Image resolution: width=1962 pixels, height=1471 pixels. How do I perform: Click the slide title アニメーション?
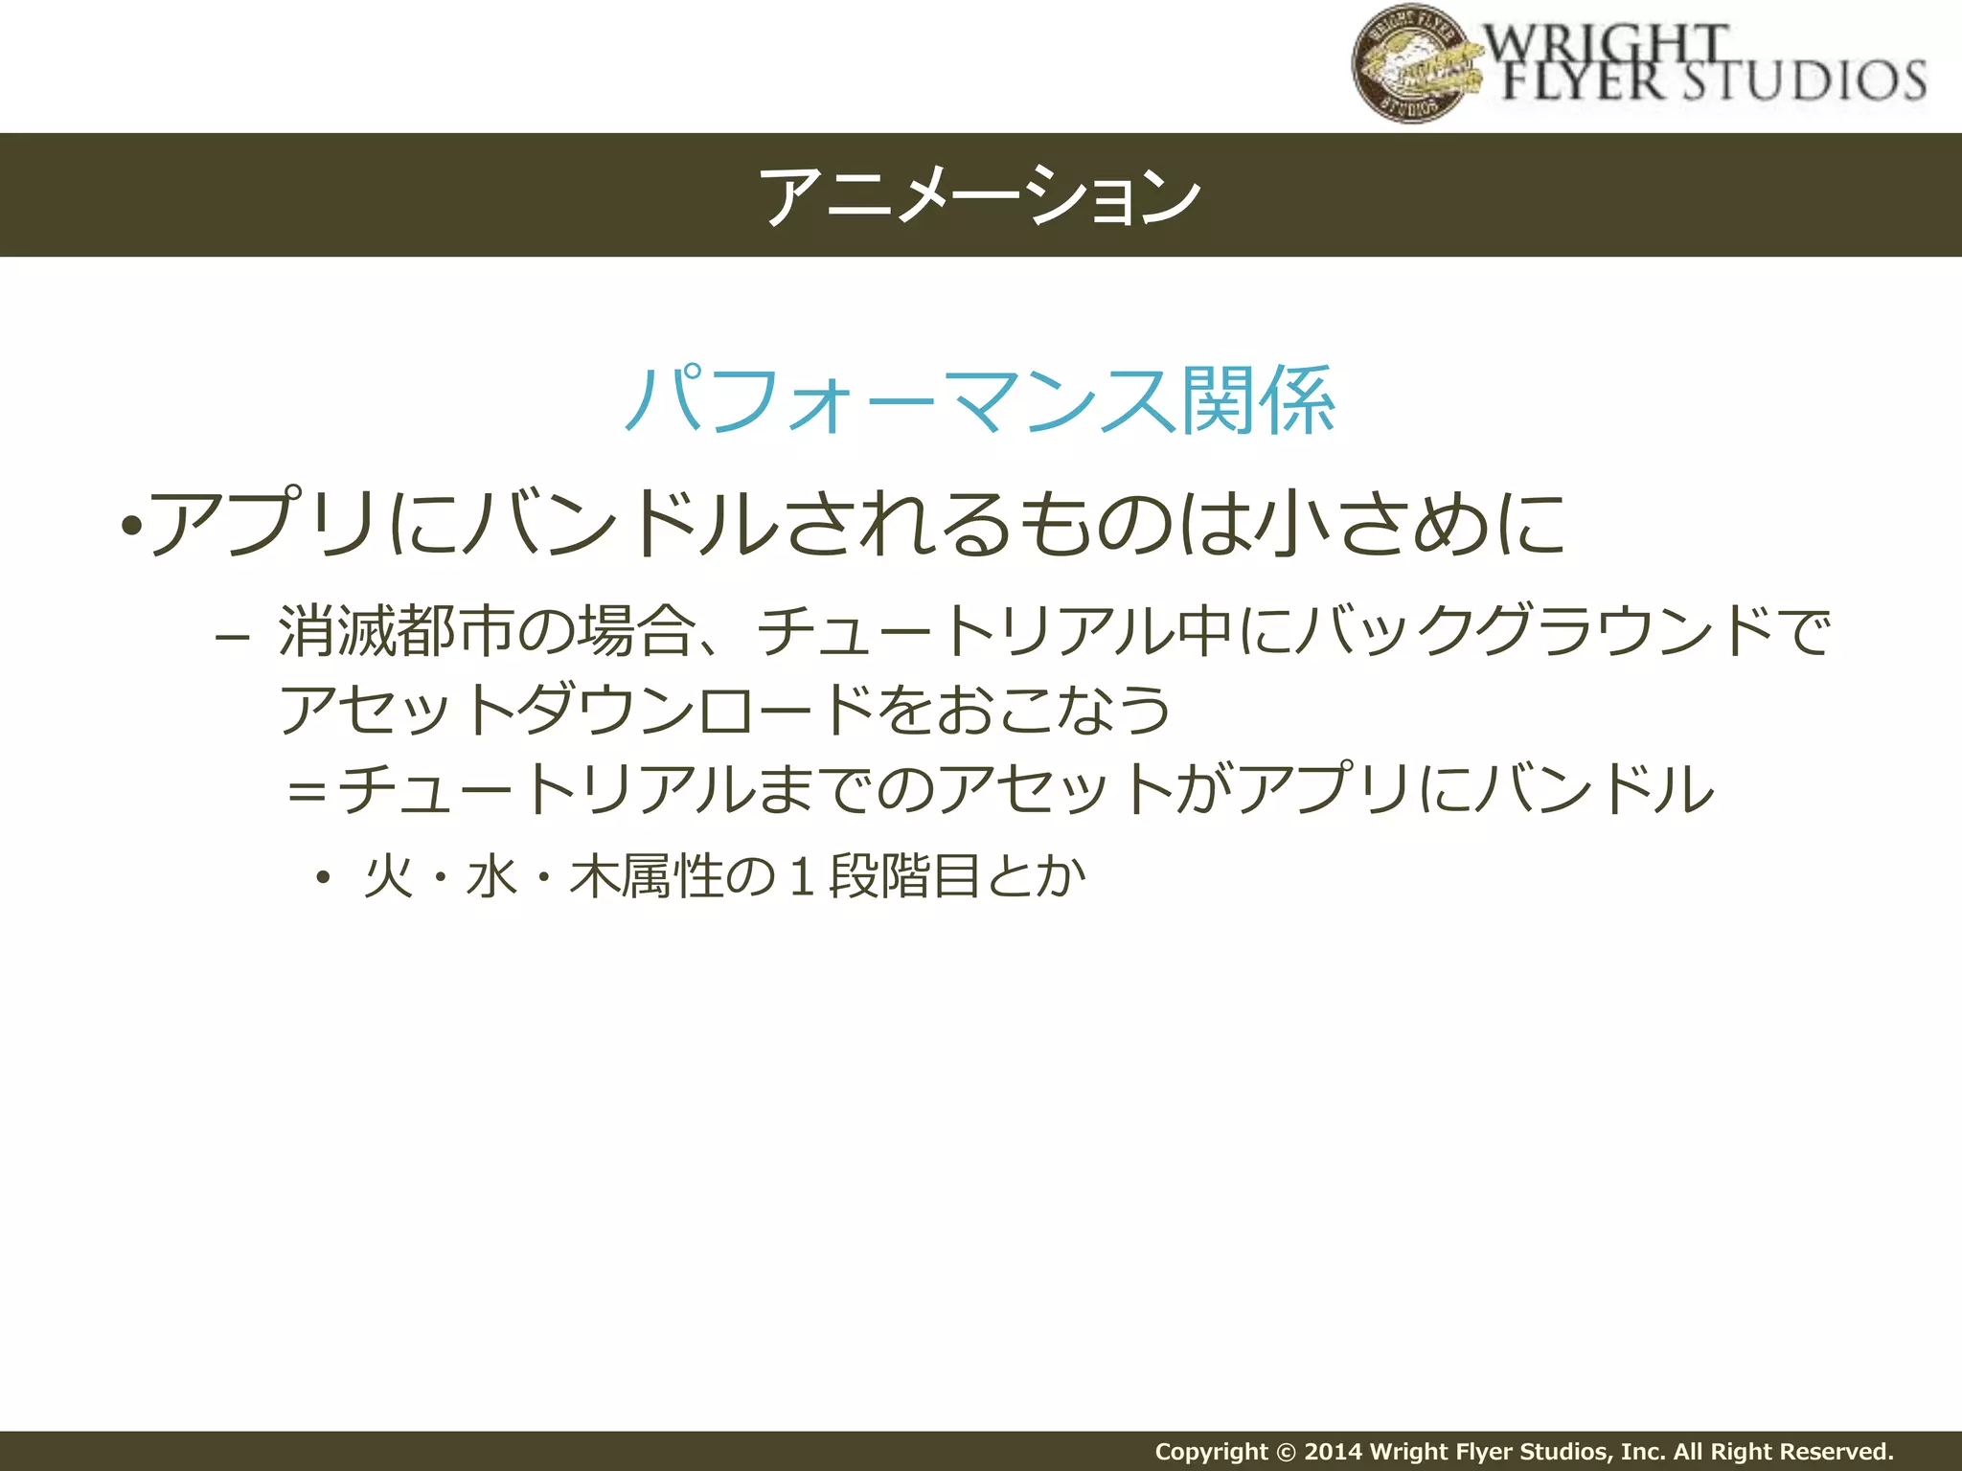click(x=980, y=195)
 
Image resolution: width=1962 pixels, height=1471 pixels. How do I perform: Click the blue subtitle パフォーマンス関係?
click(x=980, y=400)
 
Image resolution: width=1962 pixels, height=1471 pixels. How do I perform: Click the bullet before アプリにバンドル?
click(x=132, y=526)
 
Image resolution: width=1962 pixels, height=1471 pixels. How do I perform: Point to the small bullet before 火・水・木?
click(x=323, y=877)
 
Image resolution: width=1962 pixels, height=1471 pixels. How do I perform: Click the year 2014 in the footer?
click(x=1333, y=1452)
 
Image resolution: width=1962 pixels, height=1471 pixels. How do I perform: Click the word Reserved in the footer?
click(x=1835, y=1452)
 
